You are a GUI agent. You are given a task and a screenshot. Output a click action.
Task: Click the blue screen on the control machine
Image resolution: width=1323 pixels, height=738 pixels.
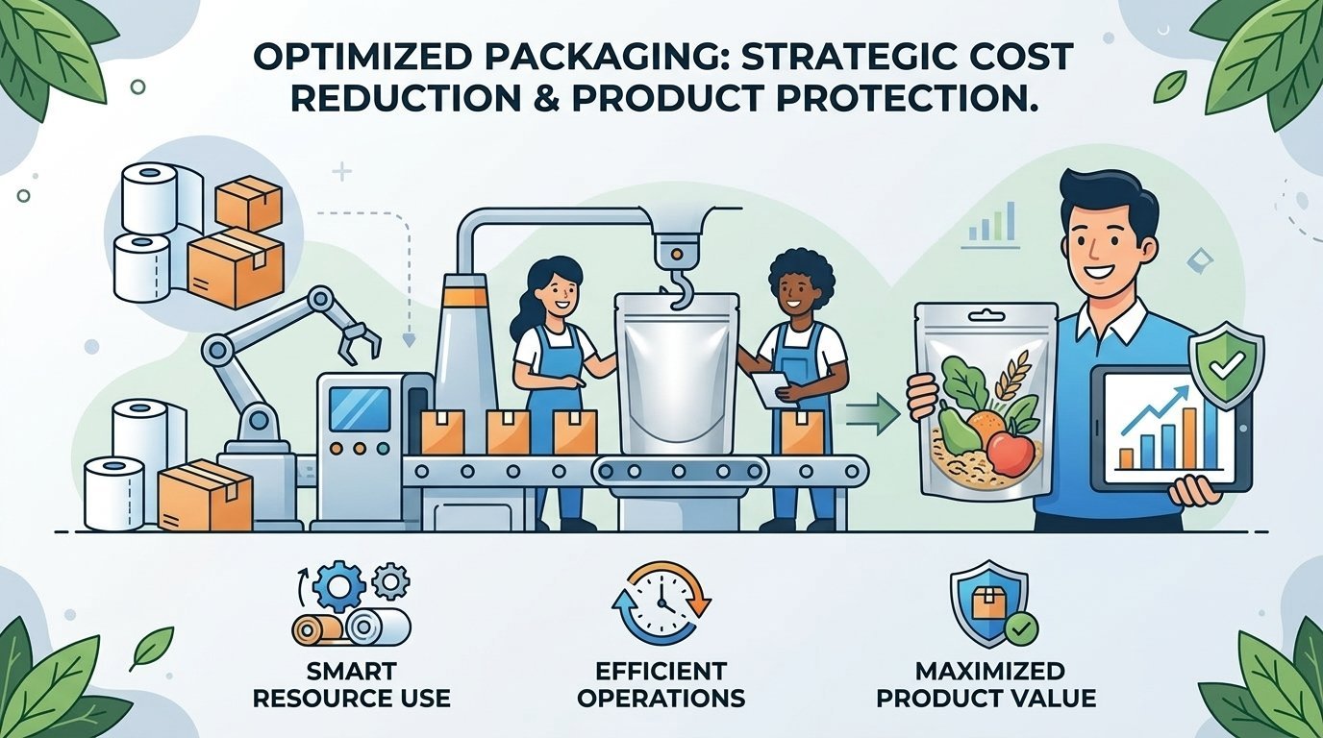point(359,408)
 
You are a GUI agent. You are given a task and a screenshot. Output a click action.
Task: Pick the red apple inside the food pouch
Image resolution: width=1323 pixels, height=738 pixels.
point(1011,453)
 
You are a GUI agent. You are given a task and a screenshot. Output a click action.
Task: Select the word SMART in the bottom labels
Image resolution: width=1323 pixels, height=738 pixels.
point(351,671)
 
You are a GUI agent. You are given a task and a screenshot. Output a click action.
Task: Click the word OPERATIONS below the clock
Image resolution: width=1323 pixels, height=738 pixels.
point(661,698)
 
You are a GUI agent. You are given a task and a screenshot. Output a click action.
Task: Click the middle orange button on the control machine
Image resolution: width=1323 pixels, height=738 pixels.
point(359,449)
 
